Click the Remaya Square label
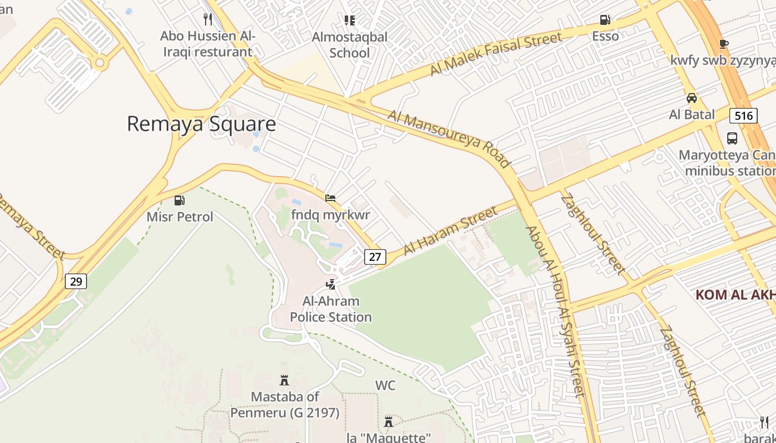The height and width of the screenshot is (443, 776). (201, 123)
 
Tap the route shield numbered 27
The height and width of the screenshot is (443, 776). (375, 256)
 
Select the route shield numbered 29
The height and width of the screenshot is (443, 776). (76, 281)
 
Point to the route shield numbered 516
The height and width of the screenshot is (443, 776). (743, 115)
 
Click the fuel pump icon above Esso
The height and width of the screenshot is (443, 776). (605, 20)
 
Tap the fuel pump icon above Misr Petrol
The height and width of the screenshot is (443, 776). (180, 200)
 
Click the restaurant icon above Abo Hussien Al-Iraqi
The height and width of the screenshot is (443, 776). (208, 19)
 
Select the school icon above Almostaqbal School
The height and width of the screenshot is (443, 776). (349, 20)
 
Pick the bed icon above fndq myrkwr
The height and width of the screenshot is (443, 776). (330, 198)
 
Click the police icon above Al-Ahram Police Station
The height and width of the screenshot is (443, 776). (331, 285)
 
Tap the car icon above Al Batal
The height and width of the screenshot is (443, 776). (692, 98)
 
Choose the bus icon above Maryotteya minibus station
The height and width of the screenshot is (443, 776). (732, 138)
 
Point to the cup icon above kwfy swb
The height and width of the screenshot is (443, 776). (723, 44)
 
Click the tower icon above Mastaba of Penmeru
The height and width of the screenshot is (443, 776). (284, 380)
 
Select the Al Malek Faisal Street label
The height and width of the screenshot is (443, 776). (496, 54)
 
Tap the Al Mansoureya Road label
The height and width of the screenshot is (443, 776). (448, 138)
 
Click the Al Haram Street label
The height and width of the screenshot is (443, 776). (451, 230)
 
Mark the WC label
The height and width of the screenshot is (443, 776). (385, 385)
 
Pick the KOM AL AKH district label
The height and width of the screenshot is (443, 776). (735, 295)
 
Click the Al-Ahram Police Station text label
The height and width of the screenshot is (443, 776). (331, 309)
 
